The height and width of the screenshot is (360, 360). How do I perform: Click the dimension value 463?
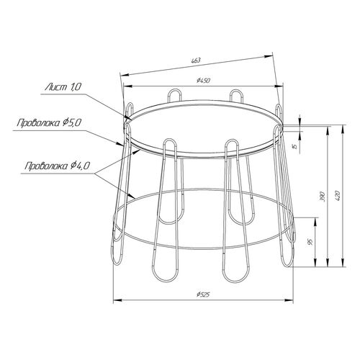[196, 60]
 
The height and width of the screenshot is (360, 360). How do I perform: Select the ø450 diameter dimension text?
[203, 81]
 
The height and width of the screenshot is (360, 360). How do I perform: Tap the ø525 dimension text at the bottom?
[203, 294]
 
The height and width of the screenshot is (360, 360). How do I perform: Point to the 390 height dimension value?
[323, 197]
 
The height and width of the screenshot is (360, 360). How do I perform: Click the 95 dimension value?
[310, 243]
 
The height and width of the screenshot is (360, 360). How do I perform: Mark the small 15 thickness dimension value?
[295, 145]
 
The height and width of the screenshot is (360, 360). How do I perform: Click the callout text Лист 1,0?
[63, 87]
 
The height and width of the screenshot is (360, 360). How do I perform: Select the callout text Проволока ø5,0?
[50, 123]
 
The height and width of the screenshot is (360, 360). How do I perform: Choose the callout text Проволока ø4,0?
[58, 166]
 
